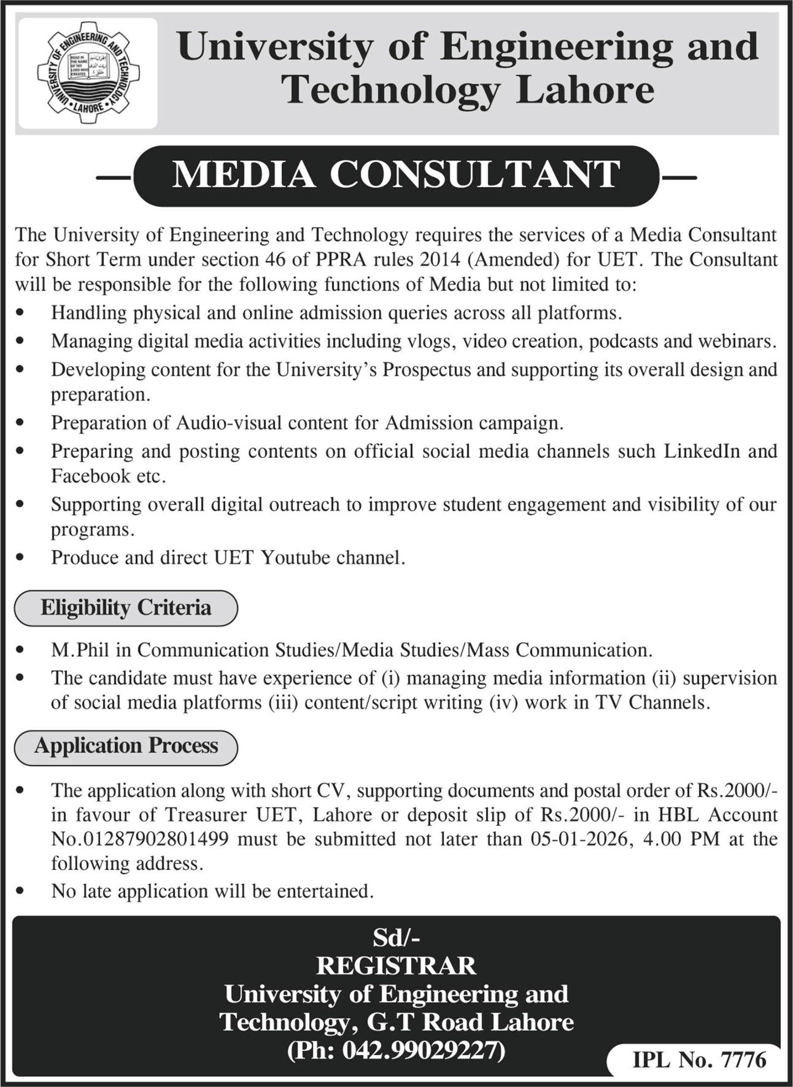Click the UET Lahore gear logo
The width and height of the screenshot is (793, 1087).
(x=88, y=73)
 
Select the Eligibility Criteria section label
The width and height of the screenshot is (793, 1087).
(x=126, y=608)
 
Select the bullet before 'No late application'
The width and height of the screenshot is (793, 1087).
(x=20, y=892)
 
